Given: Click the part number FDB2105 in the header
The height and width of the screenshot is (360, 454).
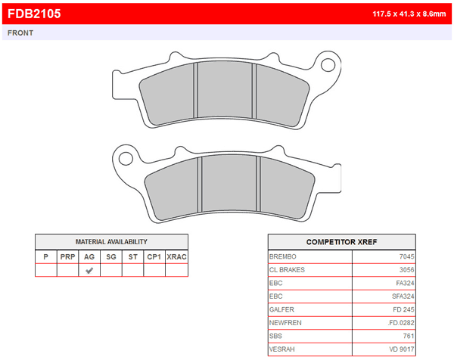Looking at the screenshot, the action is point(34,14).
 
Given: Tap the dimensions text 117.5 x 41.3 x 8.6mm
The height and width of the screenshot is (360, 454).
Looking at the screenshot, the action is point(409,14).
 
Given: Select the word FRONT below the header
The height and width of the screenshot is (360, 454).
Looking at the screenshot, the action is point(20,33).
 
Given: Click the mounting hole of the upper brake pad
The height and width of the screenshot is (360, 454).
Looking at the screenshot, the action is point(328,64).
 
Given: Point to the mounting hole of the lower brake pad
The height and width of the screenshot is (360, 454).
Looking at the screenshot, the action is point(126,158).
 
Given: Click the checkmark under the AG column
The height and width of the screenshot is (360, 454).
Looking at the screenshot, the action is point(89,270).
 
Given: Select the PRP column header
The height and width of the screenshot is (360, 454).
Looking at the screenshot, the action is point(68,256).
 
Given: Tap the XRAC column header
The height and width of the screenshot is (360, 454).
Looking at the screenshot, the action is point(176,256).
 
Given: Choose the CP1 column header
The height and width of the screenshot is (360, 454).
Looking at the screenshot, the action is point(154,256).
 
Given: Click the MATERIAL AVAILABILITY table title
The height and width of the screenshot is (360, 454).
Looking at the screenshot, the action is point(111,242).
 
